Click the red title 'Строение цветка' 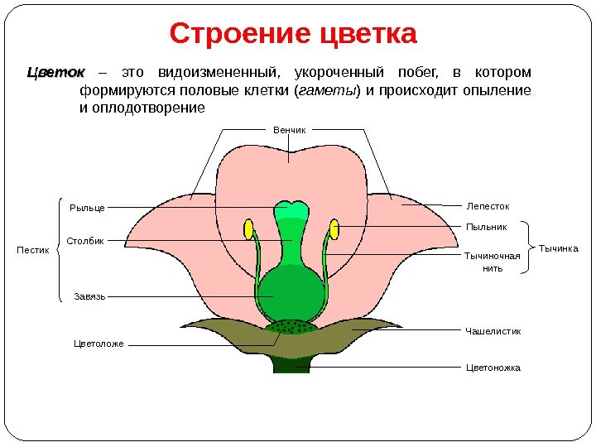pyautogui.click(x=294, y=35)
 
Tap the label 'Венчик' pyautogui.click(x=290, y=130)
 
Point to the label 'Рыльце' pyautogui.click(x=86, y=207)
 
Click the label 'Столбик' pyautogui.click(x=86, y=241)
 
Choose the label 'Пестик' pyautogui.click(x=33, y=249)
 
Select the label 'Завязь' pyautogui.click(x=90, y=296)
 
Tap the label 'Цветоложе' pyautogui.click(x=99, y=343)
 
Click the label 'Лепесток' pyautogui.click(x=488, y=205)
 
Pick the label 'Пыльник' pyautogui.click(x=487, y=225)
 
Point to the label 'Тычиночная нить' pyautogui.click(x=493, y=262)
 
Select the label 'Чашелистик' pyautogui.click(x=493, y=331)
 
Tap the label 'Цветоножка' pyautogui.click(x=493, y=368)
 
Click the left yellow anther pyautogui.click(x=248, y=229)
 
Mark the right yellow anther pyautogui.click(x=335, y=229)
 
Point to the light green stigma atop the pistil pyautogui.click(x=291, y=209)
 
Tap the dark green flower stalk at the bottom pyautogui.click(x=291, y=365)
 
